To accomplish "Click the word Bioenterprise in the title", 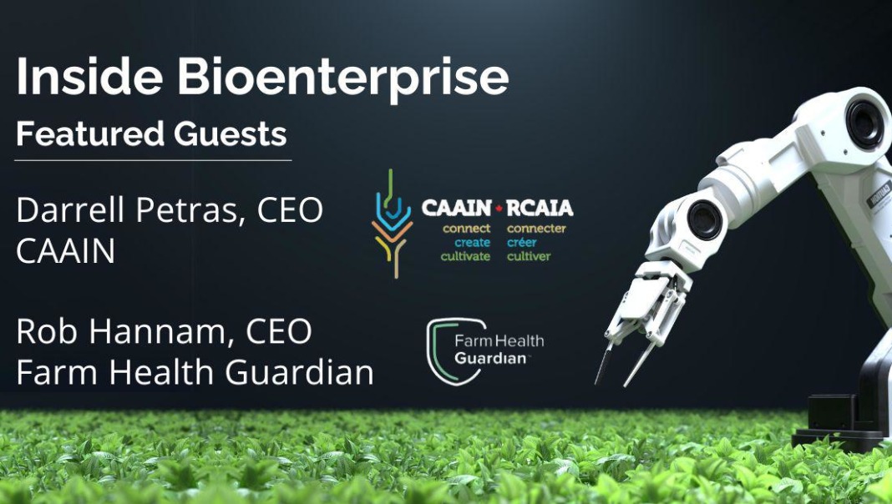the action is point(343,78).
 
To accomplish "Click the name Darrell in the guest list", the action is point(70,209).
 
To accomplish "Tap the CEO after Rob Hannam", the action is point(279,331).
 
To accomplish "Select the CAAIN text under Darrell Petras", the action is point(65,251).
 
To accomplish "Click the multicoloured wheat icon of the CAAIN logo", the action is point(393,224).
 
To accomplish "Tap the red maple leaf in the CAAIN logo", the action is point(499,209).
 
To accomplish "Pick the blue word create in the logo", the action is point(472,243).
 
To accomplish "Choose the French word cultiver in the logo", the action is point(529,256).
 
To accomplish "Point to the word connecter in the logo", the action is point(536,229).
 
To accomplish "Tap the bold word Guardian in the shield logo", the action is point(489,359).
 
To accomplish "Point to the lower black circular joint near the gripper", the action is point(704,220).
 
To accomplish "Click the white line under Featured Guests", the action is point(153,160).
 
